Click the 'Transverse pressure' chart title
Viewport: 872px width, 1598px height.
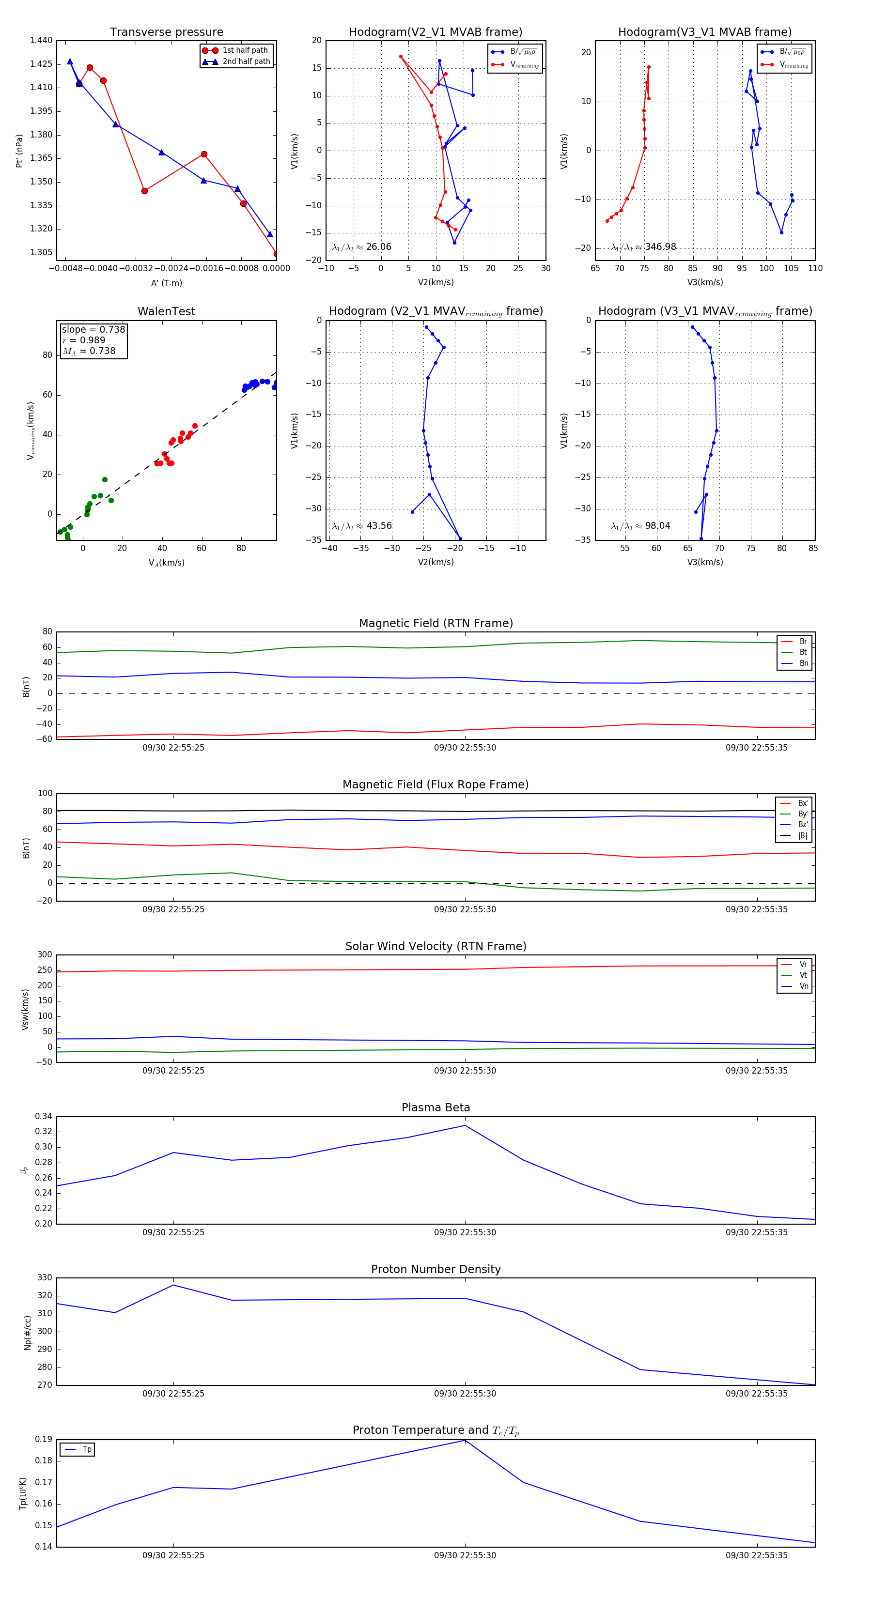point(166,32)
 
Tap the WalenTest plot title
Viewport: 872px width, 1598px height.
point(166,311)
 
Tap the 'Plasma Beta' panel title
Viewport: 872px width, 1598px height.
point(436,1108)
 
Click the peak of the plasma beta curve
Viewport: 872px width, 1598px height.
point(465,1126)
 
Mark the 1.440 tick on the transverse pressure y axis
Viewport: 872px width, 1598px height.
point(42,40)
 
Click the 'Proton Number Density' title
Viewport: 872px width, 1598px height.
point(436,1269)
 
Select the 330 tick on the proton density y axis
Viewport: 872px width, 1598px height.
point(45,1278)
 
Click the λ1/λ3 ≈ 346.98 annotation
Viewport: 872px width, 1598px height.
point(644,247)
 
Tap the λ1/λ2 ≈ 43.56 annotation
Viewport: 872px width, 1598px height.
point(362,526)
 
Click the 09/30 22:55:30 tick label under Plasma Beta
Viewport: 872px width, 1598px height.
point(465,1232)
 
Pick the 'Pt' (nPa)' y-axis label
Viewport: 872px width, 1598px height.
point(20,151)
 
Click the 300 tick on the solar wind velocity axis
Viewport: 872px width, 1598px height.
point(45,955)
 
